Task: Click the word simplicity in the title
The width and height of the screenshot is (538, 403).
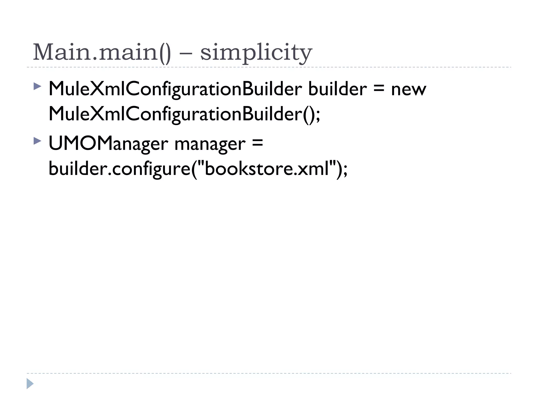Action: pyautogui.click(x=256, y=52)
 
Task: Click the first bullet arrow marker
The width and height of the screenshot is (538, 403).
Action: pyautogui.click(x=38, y=86)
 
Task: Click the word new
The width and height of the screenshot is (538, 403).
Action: pyautogui.click(x=408, y=89)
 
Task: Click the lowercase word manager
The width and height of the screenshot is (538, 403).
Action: pyautogui.click(x=210, y=144)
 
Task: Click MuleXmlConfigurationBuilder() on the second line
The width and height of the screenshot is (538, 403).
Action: pyautogui.click(x=181, y=114)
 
